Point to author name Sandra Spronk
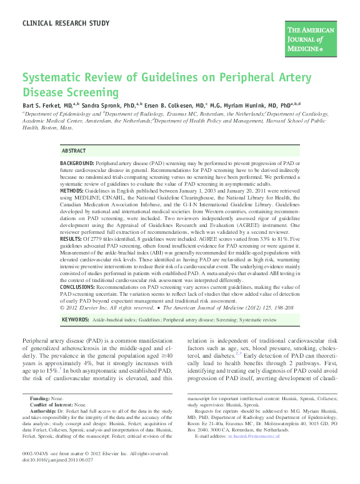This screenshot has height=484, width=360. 104,105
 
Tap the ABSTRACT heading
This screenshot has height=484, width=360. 74,151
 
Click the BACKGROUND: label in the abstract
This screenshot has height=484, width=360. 78,163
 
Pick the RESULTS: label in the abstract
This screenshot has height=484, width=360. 71,239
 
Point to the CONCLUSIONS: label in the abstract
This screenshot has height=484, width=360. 79,287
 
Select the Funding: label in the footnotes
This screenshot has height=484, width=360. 41,398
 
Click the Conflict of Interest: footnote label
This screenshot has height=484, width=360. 52,405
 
